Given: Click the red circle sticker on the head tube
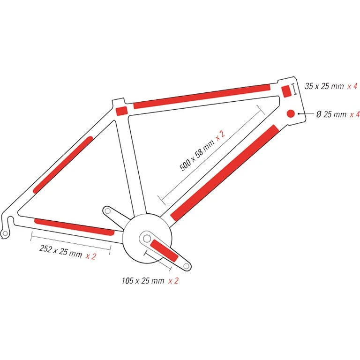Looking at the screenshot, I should [x=290, y=113].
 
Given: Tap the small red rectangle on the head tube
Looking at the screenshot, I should [x=286, y=91].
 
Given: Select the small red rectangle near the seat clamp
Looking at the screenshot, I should [x=121, y=111].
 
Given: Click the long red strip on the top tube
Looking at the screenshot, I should [x=202, y=96].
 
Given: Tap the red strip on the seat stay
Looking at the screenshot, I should [x=63, y=165].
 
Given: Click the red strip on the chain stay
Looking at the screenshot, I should [x=74, y=226].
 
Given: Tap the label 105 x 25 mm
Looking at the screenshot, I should [x=142, y=281].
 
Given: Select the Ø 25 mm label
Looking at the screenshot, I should [x=331, y=114].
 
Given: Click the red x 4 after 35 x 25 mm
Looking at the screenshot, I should [x=352, y=86].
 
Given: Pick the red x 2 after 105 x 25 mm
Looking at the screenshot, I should [x=173, y=281].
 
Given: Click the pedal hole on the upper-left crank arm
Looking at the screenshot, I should [x=107, y=211].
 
